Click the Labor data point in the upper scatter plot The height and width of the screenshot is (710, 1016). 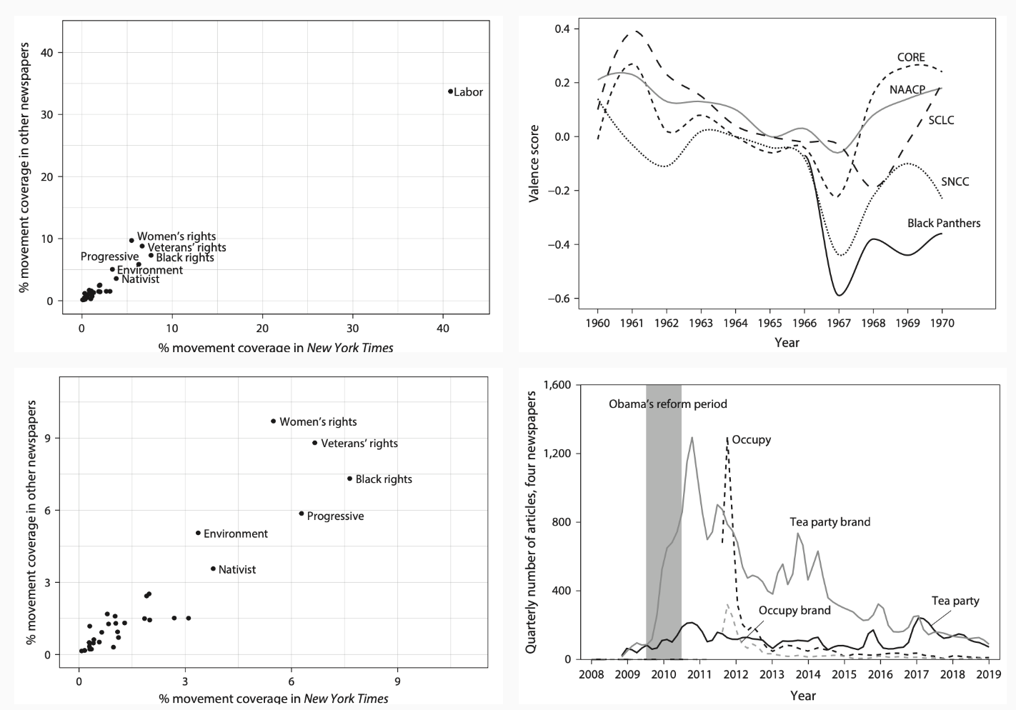[x=450, y=91]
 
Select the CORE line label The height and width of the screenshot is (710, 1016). [x=911, y=57]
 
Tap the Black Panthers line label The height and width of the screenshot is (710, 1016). [x=943, y=223]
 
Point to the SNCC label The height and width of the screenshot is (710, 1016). [x=955, y=181]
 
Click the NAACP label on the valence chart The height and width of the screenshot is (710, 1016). [x=907, y=89]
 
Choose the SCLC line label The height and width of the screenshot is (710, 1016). [x=941, y=120]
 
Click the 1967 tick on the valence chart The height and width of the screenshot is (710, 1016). [x=839, y=323]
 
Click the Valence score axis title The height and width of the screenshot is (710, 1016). [x=534, y=165]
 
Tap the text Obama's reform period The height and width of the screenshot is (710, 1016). [x=667, y=404]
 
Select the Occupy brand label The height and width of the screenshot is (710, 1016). [x=795, y=610]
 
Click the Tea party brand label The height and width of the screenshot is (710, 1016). [x=830, y=521]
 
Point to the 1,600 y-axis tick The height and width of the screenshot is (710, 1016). [x=557, y=385]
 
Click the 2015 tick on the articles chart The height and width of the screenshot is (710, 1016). [x=844, y=675]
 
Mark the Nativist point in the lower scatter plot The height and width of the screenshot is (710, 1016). [x=213, y=569]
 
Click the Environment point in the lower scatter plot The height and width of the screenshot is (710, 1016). [x=198, y=533]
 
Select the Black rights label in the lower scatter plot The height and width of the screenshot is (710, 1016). [x=384, y=479]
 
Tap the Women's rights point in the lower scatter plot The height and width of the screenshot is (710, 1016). [x=274, y=421]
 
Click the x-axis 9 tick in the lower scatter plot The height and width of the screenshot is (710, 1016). [x=397, y=681]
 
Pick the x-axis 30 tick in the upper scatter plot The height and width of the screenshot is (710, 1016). [x=353, y=328]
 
